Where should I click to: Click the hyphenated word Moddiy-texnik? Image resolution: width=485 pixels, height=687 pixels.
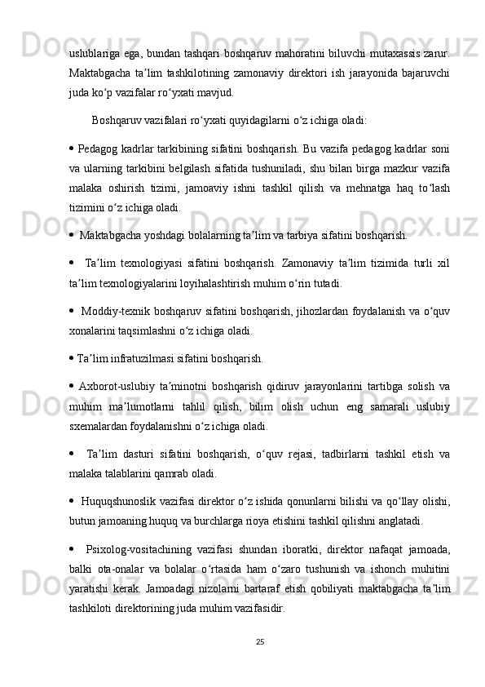[x=112, y=312]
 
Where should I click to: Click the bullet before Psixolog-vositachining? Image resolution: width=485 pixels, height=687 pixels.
[x=73, y=547]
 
